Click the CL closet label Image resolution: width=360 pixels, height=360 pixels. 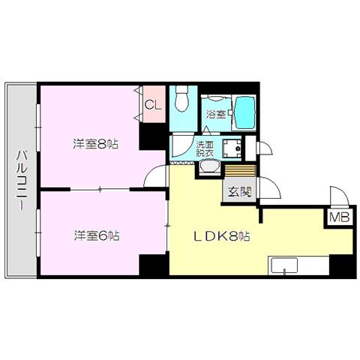pos(153,105)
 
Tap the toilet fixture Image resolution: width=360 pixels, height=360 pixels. pos(181,99)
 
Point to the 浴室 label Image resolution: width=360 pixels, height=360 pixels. pos(216,115)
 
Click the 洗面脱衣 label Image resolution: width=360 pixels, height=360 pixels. pos(205,148)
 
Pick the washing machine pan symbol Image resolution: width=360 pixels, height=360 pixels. pos(232,148)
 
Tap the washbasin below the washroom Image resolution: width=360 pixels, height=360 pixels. pos(210,166)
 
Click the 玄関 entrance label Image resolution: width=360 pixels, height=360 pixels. pos(239,192)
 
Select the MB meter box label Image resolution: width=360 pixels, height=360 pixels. pos(339,217)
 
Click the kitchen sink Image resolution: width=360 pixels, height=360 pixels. pos(285,265)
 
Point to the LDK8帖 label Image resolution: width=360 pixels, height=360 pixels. pos(222,236)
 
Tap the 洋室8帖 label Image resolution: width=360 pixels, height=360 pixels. pos(95,144)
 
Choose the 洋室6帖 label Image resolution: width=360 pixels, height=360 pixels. pos(97,235)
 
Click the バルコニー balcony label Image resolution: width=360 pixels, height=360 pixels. pos(22,179)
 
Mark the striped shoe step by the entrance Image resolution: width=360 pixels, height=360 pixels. pos(240,170)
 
